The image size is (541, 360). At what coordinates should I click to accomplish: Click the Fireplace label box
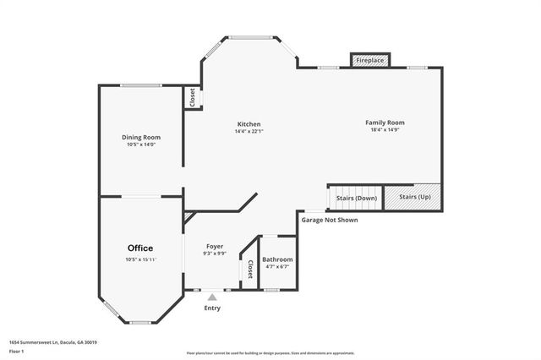coord(370,61)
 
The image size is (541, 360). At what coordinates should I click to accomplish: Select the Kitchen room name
coord(249,123)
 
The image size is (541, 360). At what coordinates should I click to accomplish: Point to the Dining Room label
coord(141,137)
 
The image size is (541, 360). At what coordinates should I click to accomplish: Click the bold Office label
coord(140,248)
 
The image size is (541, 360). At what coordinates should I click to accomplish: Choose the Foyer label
coord(214,246)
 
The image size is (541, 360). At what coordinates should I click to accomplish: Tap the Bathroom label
coord(277,259)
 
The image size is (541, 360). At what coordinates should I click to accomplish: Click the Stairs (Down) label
coord(357,197)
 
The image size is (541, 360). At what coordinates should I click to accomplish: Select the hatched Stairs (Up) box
coord(414,197)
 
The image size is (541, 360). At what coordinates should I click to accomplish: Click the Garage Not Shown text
coord(329,220)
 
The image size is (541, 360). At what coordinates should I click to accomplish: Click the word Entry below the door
coord(212,308)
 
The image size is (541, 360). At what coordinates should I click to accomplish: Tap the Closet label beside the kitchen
coord(193,98)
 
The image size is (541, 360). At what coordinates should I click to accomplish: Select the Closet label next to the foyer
coord(249,270)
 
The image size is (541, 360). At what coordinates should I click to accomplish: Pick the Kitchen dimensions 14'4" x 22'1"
coord(249,131)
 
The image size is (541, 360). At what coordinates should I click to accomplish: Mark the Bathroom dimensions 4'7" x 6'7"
coord(277,267)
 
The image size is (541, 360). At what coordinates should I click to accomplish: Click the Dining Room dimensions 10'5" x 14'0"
coord(141,145)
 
